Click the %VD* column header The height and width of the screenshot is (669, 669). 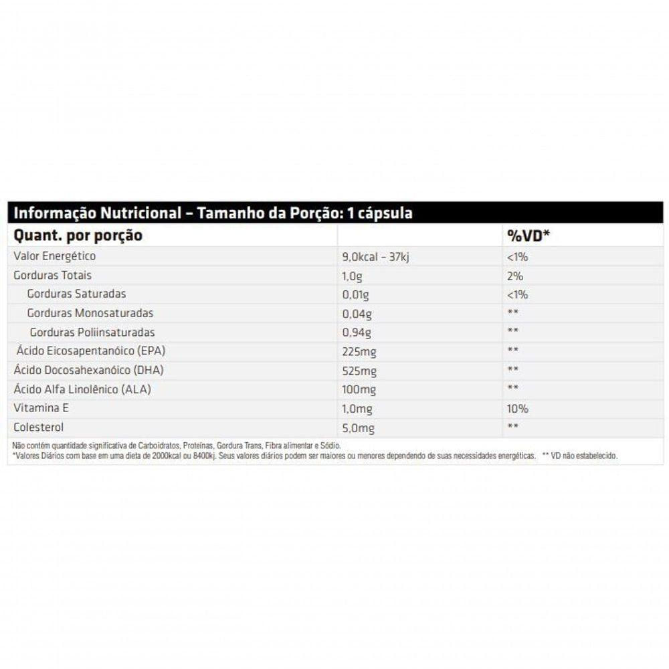(528, 235)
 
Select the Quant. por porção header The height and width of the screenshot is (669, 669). (78, 235)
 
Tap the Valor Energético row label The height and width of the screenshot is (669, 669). (55, 256)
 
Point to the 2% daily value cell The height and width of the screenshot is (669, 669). (515, 276)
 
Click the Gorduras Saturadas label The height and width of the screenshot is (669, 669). (76, 294)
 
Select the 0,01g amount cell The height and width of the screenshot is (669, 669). (355, 294)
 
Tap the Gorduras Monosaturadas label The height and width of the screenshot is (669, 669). (90, 313)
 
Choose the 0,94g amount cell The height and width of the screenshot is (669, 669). (356, 332)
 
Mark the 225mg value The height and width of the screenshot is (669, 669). (359, 352)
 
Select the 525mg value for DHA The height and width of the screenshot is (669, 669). (359, 371)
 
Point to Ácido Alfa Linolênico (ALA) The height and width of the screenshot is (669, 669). (82, 389)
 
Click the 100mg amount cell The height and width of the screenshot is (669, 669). (359, 390)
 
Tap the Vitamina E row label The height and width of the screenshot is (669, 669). (41, 408)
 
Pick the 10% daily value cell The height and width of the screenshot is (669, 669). (518, 409)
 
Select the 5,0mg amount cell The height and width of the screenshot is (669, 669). (357, 428)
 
